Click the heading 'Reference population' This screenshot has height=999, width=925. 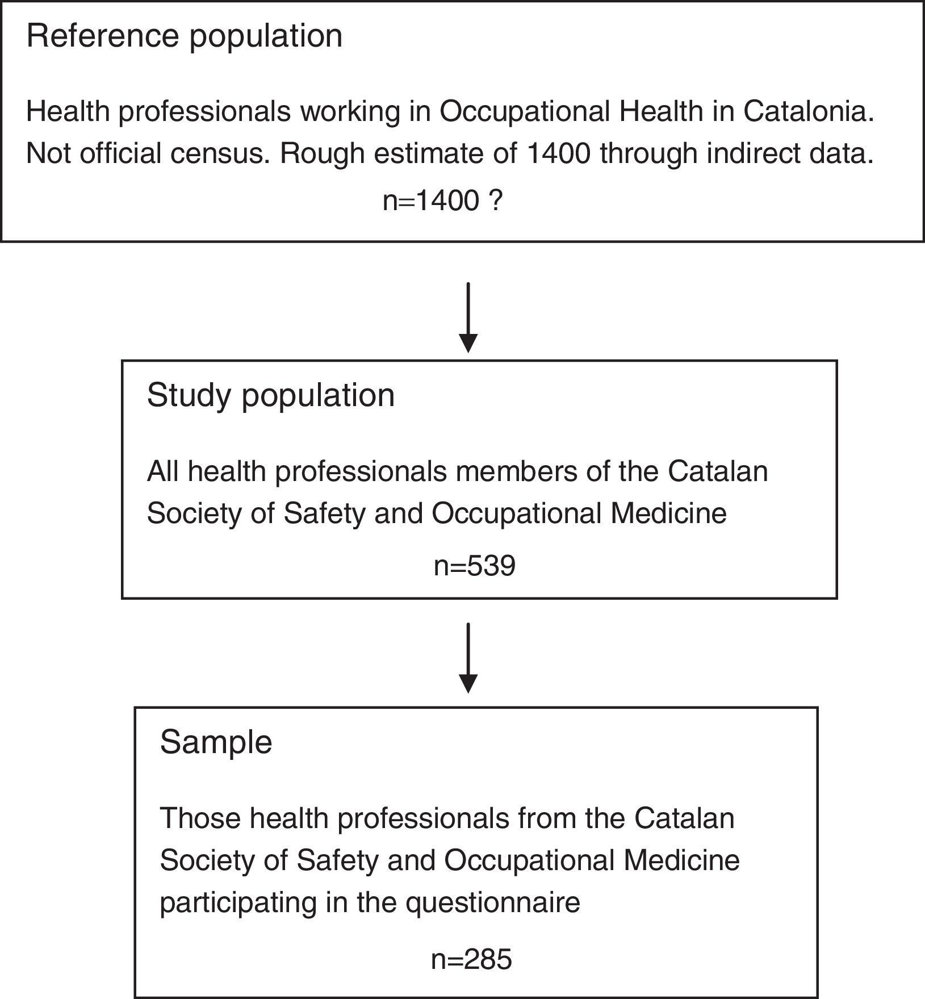pos(185,36)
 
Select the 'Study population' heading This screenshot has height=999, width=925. pos(270,396)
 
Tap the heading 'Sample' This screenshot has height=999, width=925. pos(216,742)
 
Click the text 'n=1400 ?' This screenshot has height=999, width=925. pos(443,201)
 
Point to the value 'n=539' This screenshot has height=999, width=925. pos(474,566)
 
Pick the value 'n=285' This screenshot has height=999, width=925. pos(471,960)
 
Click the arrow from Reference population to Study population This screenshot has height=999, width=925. pos(468,318)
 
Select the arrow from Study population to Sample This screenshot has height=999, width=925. pos(468,659)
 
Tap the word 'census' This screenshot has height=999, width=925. pos(227,154)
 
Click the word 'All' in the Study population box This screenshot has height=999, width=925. pos(162,472)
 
